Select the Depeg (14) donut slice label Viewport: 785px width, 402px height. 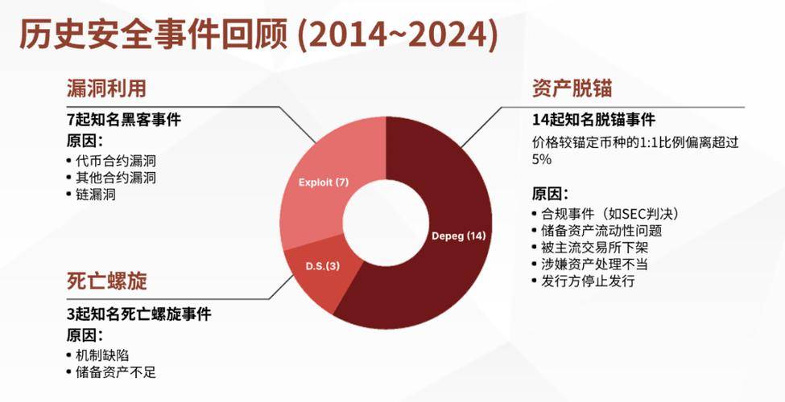tap(459, 236)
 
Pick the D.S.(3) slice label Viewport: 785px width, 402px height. tap(322, 266)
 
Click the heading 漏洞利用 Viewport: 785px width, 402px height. tap(106, 88)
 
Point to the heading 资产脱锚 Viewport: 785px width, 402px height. tap(572, 88)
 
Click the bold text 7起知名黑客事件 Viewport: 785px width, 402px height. tap(123, 120)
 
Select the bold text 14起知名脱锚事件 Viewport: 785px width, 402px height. tap(593, 120)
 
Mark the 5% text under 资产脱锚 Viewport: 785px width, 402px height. tap(542, 159)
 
